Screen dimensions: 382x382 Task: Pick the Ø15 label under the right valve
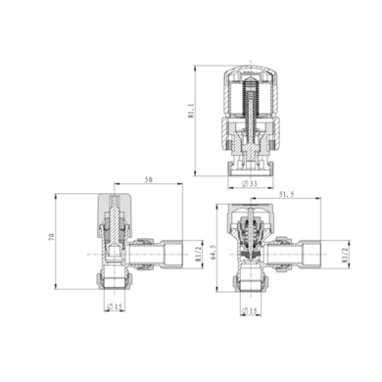click(x=250, y=311)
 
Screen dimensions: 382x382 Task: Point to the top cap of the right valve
click(x=249, y=215)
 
